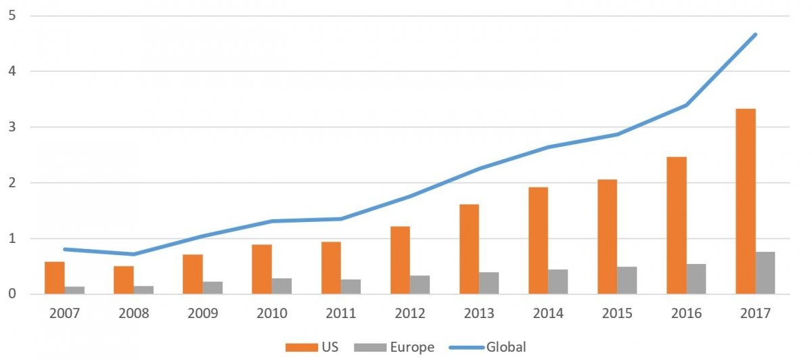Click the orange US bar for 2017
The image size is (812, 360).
(x=746, y=201)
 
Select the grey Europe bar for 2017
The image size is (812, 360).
(x=765, y=273)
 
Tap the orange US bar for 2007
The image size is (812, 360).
(x=55, y=277)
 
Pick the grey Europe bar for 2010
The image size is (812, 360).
(x=281, y=286)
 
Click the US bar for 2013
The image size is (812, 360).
(x=470, y=249)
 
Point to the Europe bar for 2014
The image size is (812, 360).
(x=558, y=282)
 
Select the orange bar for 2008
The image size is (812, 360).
(x=124, y=280)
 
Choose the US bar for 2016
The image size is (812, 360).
(x=677, y=225)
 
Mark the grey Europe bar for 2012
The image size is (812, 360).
(x=420, y=284)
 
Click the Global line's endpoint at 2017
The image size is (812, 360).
(x=755, y=35)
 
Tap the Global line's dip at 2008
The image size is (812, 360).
(x=133, y=254)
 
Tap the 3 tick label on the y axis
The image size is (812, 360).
(x=12, y=127)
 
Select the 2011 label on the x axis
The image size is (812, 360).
(x=341, y=313)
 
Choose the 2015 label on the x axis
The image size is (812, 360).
(x=617, y=313)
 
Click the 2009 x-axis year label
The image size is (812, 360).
(x=203, y=313)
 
